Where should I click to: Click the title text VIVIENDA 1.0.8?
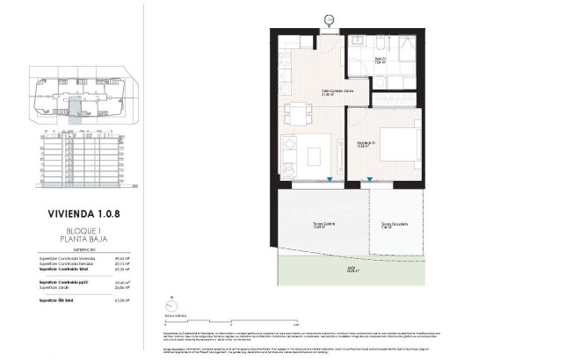point(86,212)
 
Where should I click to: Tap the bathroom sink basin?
point(359,42)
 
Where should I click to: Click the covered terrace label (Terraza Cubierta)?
point(321,225)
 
